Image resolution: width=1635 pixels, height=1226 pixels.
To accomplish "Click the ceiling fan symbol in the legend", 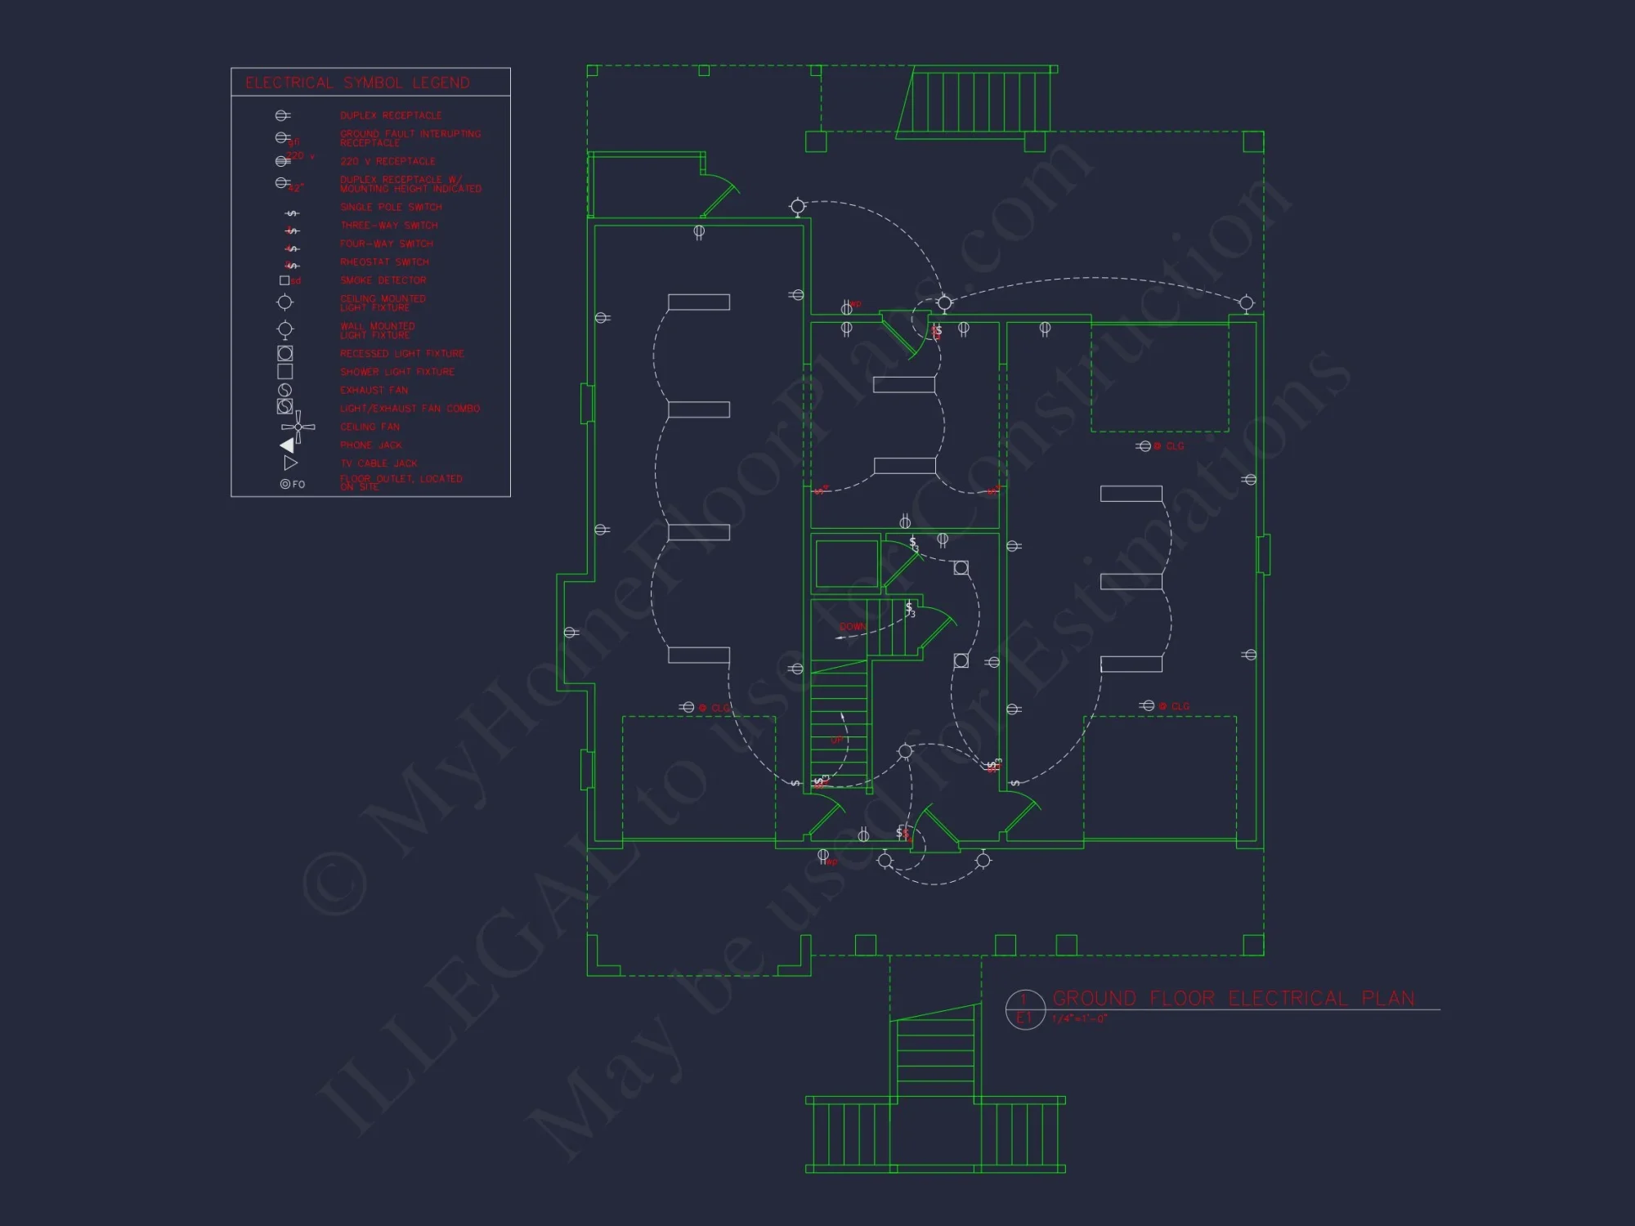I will pyautogui.click(x=298, y=427).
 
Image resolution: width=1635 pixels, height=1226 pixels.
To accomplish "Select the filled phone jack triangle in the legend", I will pyautogui.click(x=288, y=445).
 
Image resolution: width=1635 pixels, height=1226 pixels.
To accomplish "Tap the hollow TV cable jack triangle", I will pyautogui.click(x=290, y=463).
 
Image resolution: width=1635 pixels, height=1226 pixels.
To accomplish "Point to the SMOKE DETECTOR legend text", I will pyautogui.click(x=383, y=280).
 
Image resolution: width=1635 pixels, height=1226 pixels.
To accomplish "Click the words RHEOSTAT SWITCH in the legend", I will pyautogui.click(x=384, y=262).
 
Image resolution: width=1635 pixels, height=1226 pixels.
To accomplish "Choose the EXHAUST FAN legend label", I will pyautogui.click(x=374, y=391).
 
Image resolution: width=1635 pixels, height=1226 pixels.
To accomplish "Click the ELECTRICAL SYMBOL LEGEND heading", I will pyautogui.click(x=357, y=83).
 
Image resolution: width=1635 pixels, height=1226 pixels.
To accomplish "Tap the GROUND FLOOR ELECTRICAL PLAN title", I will pyautogui.click(x=1233, y=999).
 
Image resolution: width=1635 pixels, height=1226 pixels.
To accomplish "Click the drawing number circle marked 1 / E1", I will pyautogui.click(x=1025, y=1009).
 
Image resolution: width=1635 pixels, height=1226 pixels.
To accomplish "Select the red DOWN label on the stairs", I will pyautogui.click(x=852, y=627).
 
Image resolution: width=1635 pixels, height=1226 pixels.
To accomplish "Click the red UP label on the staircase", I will pyautogui.click(x=837, y=741).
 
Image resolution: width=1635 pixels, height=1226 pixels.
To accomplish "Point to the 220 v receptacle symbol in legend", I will pyautogui.click(x=283, y=161).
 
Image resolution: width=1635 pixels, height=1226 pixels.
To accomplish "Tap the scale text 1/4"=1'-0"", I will pyautogui.click(x=1079, y=1019).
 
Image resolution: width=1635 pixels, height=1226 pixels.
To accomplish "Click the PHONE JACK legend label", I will pyautogui.click(x=370, y=445).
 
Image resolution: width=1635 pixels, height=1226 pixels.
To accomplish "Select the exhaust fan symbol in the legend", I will pyautogui.click(x=284, y=390).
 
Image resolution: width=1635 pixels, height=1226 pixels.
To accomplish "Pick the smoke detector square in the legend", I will pyautogui.click(x=284, y=280).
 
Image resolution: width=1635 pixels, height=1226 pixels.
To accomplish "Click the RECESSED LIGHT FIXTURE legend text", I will pyautogui.click(x=401, y=354).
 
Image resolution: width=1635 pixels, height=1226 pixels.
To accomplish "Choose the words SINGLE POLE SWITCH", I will pyautogui.click(x=391, y=208).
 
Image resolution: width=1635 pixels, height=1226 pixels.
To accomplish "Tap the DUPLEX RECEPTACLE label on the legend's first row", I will pyautogui.click(x=391, y=116).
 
